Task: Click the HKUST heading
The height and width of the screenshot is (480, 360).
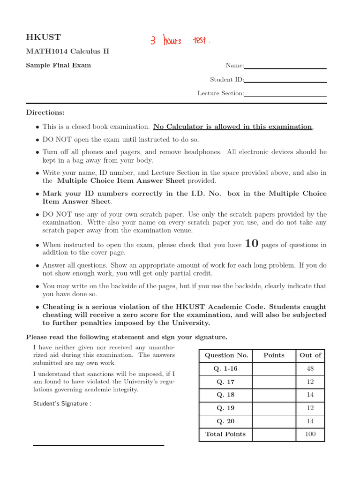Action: (43, 37)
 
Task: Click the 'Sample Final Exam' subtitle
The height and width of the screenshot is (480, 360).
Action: (58, 65)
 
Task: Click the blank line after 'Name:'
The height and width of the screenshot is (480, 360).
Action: (285, 68)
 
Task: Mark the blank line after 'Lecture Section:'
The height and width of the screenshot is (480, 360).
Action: (285, 96)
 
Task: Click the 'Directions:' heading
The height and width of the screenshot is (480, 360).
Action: (45, 112)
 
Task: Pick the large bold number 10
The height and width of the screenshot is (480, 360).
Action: (252, 244)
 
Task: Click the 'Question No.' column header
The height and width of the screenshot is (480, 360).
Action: (225, 355)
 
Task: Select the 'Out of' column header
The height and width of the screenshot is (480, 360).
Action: (310, 355)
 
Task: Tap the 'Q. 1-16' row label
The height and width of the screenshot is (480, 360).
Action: (225, 368)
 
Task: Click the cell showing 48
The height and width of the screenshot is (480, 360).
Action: (310, 368)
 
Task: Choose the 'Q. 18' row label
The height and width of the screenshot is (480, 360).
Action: (225, 395)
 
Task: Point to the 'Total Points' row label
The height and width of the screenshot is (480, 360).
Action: (225, 434)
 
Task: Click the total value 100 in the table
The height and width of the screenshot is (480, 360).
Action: (310, 434)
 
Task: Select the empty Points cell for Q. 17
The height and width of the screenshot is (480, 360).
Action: (274, 382)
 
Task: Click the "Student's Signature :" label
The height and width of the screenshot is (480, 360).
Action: (62, 404)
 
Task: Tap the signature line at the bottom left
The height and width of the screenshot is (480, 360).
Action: (98, 445)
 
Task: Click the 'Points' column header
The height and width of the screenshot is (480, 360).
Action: (274, 355)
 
